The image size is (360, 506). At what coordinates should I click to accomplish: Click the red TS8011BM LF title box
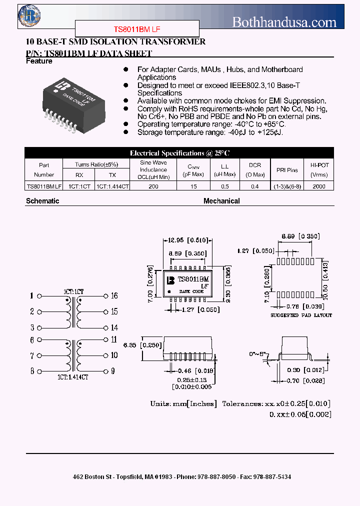137,28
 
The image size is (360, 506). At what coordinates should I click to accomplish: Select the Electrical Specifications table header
179,153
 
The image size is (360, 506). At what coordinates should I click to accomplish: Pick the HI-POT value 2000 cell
319,186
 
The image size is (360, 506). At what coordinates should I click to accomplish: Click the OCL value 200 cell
153,186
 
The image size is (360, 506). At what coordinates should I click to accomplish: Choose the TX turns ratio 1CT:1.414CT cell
112,186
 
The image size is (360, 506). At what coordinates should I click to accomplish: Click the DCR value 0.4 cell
255,186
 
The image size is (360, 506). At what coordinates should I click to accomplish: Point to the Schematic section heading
42,201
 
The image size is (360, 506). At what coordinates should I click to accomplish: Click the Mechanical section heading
221,201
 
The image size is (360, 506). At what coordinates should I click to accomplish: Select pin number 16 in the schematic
114,296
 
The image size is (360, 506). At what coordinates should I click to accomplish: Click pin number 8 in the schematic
32,371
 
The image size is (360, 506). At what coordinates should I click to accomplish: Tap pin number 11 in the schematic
114,339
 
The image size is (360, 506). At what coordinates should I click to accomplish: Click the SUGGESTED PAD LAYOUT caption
300,315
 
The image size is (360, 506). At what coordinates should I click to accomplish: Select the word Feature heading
39,61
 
